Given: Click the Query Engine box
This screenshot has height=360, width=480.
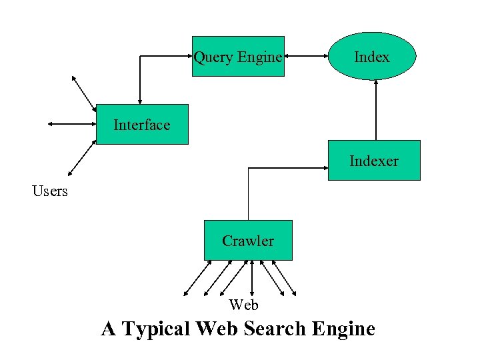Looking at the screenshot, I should pos(238,57).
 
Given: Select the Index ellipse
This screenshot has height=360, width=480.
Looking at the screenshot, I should pos(372,57).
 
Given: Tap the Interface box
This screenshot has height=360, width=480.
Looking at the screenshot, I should pos(142,125).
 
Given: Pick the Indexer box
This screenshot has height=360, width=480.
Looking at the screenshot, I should pos(374,161).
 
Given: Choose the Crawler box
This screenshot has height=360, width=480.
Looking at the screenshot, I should pos(248,241).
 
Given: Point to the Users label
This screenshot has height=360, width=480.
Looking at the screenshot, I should pos(50,191).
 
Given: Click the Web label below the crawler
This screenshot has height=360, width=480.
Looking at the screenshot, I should pos(243,305).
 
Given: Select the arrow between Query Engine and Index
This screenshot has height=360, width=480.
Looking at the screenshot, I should pos(306,57).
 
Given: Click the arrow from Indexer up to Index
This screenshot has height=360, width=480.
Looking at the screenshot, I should pos(376,110).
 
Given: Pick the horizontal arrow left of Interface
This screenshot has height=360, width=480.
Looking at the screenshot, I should pos(72,123).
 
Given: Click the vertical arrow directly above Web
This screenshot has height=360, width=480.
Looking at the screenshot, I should pos(252,277).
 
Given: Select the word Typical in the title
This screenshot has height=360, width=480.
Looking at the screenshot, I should pos(156,329).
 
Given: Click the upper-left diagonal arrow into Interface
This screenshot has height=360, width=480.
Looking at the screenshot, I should pos(84,93).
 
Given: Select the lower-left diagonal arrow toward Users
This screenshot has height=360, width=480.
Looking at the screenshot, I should pos(83,159).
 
